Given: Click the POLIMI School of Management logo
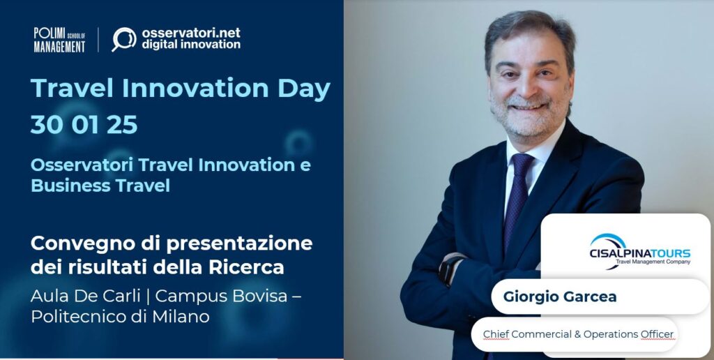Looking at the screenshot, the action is (x=60, y=40).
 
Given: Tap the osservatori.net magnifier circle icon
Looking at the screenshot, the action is (x=124, y=39).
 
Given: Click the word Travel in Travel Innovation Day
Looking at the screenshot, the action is (x=72, y=89).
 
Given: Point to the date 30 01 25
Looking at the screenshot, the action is (x=84, y=125).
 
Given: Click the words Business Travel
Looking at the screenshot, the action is (x=100, y=186).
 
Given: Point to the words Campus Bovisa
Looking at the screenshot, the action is (x=222, y=297).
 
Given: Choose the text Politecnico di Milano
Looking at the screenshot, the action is (x=120, y=316).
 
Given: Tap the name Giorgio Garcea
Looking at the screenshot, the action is (x=560, y=297).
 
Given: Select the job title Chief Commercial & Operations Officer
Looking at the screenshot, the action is (x=578, y=334).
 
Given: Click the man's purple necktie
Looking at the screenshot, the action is (x=517, y=200).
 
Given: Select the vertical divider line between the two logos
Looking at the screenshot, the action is (x=98, y=40).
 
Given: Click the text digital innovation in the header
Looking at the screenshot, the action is (x=191, y=45).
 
